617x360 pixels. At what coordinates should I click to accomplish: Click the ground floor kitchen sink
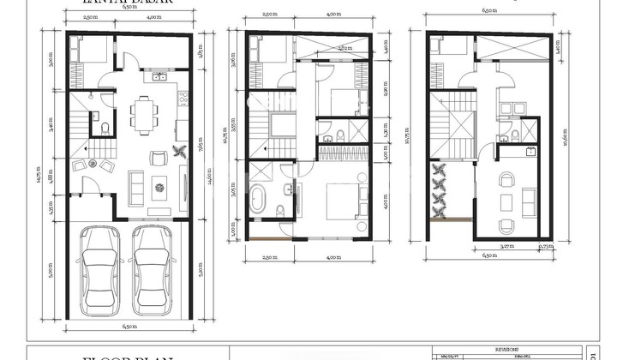point(159,77)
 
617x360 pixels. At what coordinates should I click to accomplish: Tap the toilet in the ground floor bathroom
point(104,129)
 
